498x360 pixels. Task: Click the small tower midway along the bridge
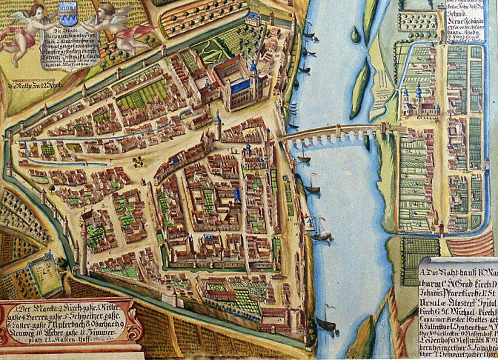pyautogui.click(x=338, y=129)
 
